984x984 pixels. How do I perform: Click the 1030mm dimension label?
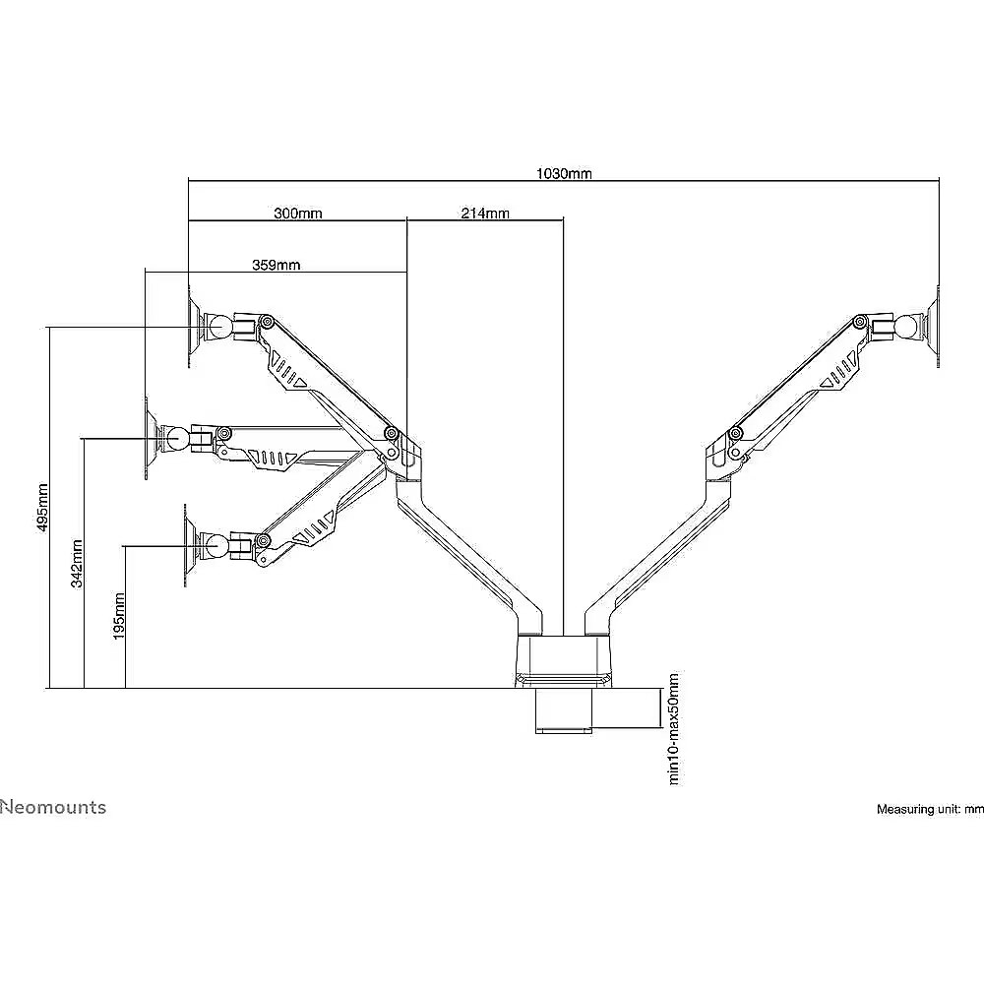click(x=564, y=173)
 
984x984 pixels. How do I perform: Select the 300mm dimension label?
click(x=298, y=214)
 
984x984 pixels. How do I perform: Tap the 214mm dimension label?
click(x=485, y=214)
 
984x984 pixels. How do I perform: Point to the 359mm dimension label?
click(x=277, y=265)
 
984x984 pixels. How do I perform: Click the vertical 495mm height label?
click(x=42, y=507)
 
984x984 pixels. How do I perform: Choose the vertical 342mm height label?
click(x=77, y=564)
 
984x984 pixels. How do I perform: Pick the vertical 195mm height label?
click(x=119, y=616)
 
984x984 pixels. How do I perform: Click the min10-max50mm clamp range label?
click(x=674, y=728)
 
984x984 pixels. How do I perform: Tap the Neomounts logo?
click(x=53, y=807)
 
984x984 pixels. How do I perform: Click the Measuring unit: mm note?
click(x=930, y=810)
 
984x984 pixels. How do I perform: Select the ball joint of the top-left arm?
click(x=220, y=327)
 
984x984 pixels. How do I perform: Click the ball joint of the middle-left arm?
click(x=176, y=438)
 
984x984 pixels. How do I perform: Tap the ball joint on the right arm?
click(x=907, y=327)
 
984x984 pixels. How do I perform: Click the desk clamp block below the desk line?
click(x=563, y=710)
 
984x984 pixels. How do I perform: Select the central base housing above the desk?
click(x=563, y=660)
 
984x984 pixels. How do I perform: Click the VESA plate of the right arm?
click(x=934, y=327)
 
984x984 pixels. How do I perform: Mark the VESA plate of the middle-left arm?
click(x=151, y=438)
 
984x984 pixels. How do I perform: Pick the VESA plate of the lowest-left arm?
click(x=190, y=545)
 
